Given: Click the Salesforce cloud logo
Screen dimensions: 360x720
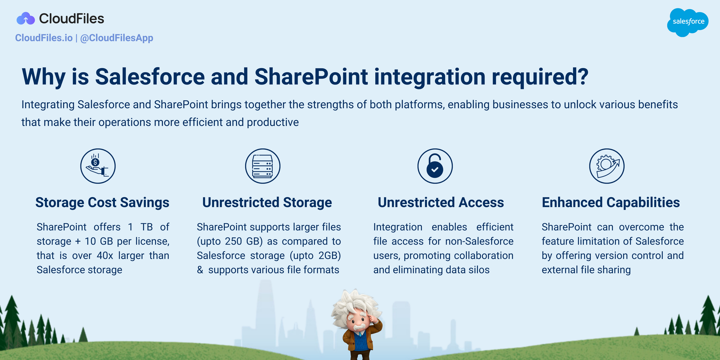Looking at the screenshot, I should [688, 22].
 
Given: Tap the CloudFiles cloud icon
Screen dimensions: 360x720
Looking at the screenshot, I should [25, 19].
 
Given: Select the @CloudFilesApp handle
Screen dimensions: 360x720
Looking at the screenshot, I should [117, 38].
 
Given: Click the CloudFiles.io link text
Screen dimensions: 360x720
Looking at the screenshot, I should [44, 38].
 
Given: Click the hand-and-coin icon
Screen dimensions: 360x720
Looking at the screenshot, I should [98, 166].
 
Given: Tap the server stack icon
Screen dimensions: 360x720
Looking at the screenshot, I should [262, 166].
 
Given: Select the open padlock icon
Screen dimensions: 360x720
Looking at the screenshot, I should [435, 166].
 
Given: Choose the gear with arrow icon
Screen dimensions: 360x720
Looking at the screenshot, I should [607, 166].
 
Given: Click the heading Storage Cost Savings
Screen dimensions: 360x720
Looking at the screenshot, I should [102, 202].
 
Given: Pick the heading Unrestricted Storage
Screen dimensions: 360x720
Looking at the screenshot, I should [267, 202].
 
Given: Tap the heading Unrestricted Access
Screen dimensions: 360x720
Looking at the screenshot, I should [441, 202].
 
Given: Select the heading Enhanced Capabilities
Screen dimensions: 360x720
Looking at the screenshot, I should [611, 202].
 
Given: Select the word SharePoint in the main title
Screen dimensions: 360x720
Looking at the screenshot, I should [311, 76].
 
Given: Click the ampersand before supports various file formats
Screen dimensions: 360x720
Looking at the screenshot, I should [200, 270].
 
